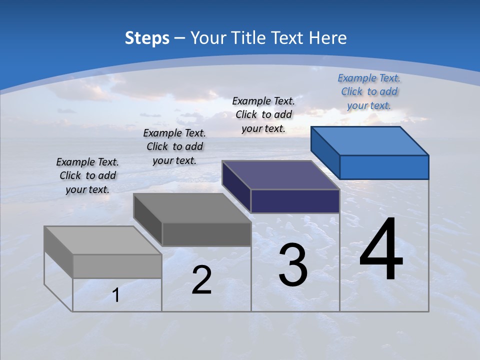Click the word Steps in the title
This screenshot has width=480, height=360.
(147, 38)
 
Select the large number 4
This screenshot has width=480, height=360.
(381, 251)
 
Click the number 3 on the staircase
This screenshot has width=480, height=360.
(293, 265)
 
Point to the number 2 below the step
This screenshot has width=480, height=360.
(201, 280)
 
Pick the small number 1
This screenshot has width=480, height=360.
(116, 295)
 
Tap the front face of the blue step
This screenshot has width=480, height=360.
(384, 167)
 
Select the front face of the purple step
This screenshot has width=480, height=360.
(295, 201)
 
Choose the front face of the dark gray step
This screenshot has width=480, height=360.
(206, 234)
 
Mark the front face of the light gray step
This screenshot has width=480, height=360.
(117, 266)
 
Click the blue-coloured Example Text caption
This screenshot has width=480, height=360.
(369, 91)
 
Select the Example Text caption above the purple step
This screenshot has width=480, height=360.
(263, 114)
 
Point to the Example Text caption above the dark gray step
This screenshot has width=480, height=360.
(174, 146)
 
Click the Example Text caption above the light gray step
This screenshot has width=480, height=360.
(87, 175)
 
